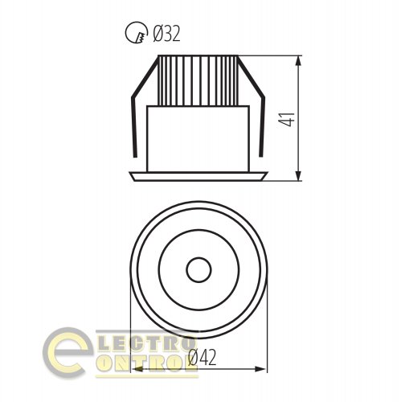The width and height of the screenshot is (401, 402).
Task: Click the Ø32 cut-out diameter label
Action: pos(167,34)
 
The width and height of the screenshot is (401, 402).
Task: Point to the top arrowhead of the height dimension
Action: pos(299,59)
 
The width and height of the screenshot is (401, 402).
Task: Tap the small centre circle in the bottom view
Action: pos(197,270)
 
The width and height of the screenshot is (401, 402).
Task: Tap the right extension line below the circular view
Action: pos(267,338)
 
